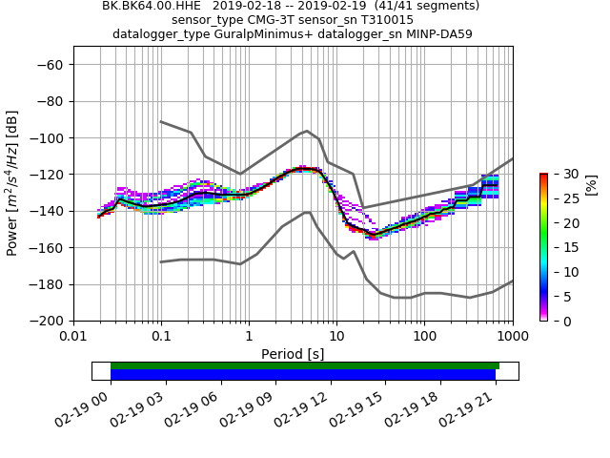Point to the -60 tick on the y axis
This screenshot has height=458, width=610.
(x=53, y=65)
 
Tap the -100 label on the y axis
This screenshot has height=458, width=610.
(x=50, y=138)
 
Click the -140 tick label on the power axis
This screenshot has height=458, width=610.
(x=50, y=211)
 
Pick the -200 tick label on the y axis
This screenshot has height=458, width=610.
(x=50, y=321)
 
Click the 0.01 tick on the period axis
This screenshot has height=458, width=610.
(x=73, y=337)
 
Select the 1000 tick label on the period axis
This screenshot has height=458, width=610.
(x=512, y=337)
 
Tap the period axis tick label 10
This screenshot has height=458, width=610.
(x=336, y=337)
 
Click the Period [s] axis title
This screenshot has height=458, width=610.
(x=293, y=354)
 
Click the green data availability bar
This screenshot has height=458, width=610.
(x=305, y=365)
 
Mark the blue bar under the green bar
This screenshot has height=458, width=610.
(x=303, y=375)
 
